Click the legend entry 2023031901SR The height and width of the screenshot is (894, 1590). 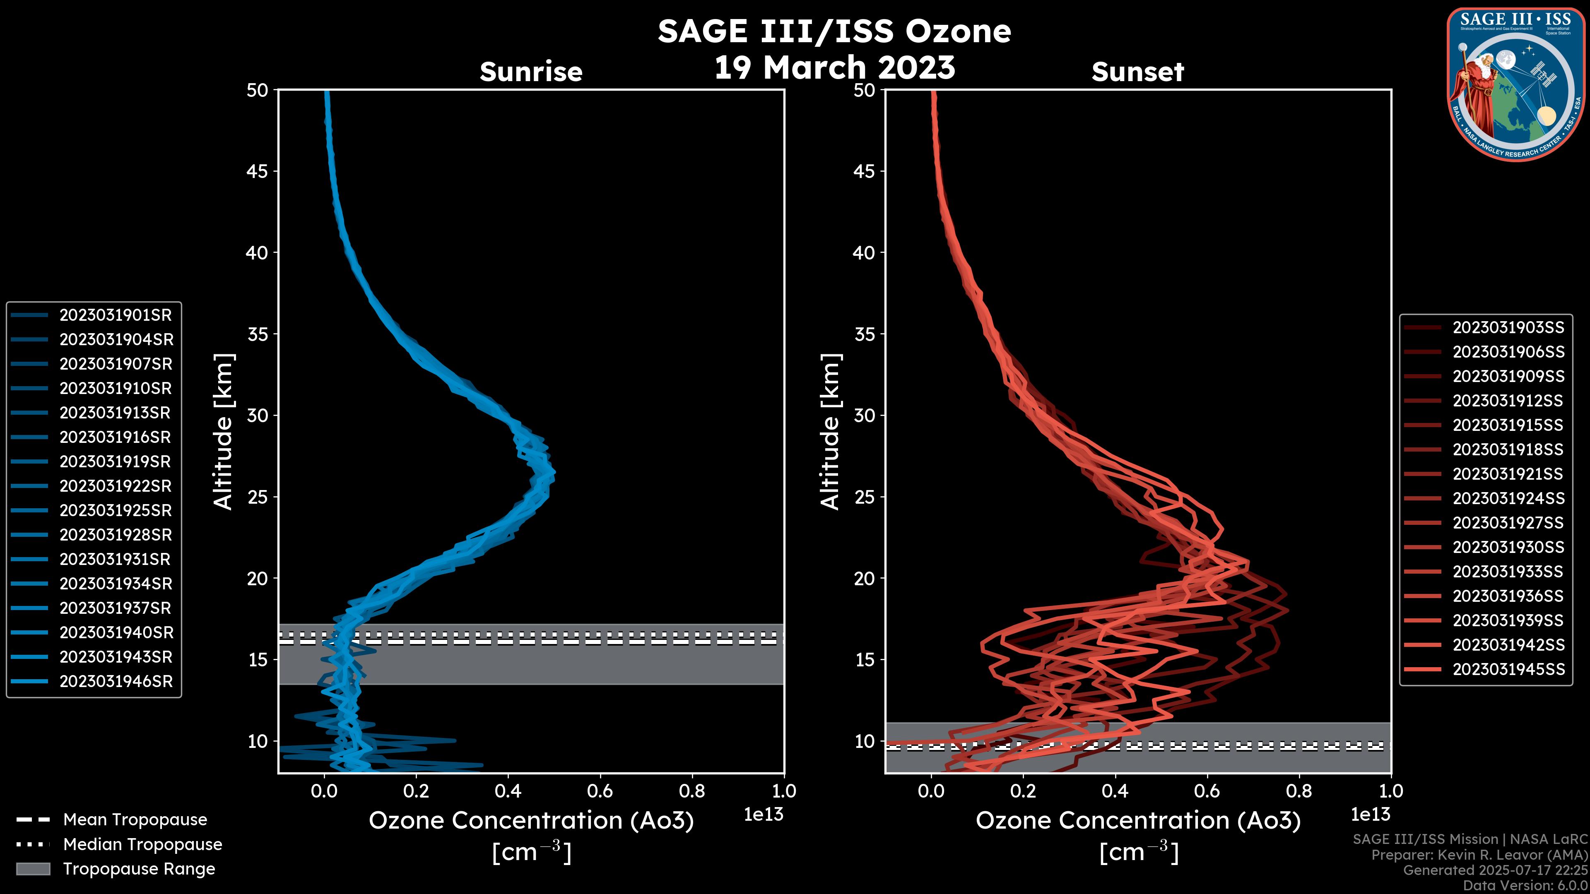tap(116, 315)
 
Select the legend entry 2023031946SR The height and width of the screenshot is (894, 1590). tap(116, 682)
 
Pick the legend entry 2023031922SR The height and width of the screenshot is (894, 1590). tap(116, 486)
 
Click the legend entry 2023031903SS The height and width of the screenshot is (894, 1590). tap(1508, 328)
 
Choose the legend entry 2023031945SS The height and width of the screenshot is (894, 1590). tap(1508, 669)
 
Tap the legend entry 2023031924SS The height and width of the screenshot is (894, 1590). tap(1508, 498)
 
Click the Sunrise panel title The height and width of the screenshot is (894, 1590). tap(531, 72)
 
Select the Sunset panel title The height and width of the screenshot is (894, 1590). tap(1137, 72)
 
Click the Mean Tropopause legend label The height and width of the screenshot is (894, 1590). tap(135, 820)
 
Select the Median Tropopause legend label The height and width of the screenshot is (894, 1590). tap(142, 845)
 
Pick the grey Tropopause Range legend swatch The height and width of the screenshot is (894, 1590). tap(33, 869)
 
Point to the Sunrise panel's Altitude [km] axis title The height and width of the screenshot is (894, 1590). tap(224, 431)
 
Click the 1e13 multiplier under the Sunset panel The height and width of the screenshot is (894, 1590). tap(1370, 815)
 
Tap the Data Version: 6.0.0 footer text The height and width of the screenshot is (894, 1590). tap(1526, 886)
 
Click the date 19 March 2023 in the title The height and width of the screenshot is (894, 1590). tap(834, 68)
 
